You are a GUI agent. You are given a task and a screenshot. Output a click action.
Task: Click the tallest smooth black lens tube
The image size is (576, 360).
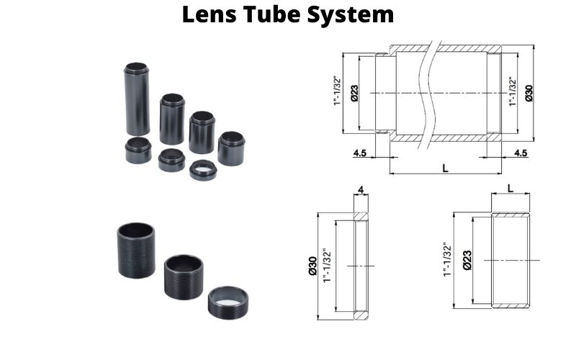138,98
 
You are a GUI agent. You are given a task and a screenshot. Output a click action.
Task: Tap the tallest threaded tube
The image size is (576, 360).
135,249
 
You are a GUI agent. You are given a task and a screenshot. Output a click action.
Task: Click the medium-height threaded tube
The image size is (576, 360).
184,276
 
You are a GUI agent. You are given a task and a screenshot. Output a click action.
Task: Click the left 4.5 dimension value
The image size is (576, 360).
361,153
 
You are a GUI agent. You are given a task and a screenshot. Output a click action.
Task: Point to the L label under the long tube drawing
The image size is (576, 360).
446,167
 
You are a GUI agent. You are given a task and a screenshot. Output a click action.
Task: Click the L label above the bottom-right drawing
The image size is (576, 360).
510,187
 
